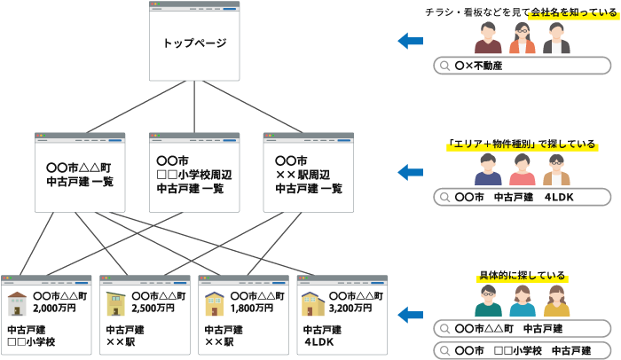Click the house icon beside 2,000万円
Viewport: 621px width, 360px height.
click(18, 303)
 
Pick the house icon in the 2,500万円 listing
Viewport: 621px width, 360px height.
click(116, 303)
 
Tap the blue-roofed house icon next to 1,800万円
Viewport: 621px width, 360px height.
click(215, 303)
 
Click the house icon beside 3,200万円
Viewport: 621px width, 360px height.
click(311, 303)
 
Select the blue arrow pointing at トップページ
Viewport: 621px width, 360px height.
click(410, 41)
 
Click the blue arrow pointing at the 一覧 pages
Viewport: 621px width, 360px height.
click(410, 172)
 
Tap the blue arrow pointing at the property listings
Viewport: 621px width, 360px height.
click(410, 314)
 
